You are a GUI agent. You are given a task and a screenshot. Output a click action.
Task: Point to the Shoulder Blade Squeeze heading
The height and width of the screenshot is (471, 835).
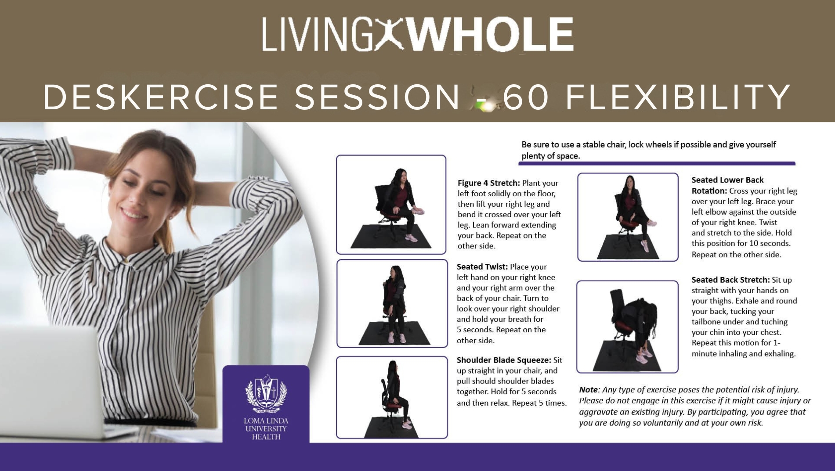pos(504,360)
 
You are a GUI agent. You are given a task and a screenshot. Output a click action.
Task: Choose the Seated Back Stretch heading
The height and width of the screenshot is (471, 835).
pos(730,280)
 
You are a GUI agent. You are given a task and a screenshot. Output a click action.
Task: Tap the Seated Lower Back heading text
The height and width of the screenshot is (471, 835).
pos(727,180)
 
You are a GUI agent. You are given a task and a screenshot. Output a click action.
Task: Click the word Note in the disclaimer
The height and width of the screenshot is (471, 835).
pos(589,390)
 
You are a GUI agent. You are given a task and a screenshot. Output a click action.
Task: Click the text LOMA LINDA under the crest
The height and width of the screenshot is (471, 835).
pos(266,421)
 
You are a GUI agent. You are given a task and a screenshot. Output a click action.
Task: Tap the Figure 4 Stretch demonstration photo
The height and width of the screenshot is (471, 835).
pos(391,205)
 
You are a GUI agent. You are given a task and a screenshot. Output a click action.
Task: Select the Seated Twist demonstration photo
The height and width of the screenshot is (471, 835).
pos(392,303)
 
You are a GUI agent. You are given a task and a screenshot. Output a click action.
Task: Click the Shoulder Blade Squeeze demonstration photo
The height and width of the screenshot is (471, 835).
pos(392,397)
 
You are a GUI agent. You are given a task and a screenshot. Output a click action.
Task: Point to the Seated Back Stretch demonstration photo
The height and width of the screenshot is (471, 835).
pos(627,327)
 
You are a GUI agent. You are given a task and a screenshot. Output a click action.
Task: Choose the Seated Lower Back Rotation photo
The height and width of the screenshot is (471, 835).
pos(628,217)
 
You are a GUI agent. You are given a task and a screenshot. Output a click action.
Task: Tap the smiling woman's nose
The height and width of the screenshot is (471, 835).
pos(126,200)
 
